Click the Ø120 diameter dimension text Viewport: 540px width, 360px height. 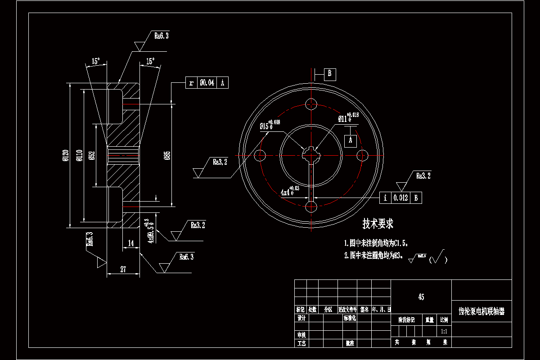pos(65,155)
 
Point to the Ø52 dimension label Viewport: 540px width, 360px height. pos(92,155)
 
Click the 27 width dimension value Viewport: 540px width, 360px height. pos(123,270)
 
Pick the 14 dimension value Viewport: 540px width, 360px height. pos(130,243)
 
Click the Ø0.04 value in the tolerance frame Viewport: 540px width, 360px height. pos(207,83)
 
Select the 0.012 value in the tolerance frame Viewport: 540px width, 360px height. pos(400,198)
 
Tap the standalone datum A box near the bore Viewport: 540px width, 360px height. pos(351,140)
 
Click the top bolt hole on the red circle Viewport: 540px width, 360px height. pos(311,104)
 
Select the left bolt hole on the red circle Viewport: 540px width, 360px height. pos(260,156)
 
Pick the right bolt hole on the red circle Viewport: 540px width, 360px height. pos(362,155)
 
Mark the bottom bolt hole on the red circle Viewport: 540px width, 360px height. pos(311,207)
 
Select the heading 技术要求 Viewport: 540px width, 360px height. pos(378,223)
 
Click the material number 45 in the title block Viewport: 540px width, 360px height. pos(421,297)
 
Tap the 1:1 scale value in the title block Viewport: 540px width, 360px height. pos(444,331)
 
